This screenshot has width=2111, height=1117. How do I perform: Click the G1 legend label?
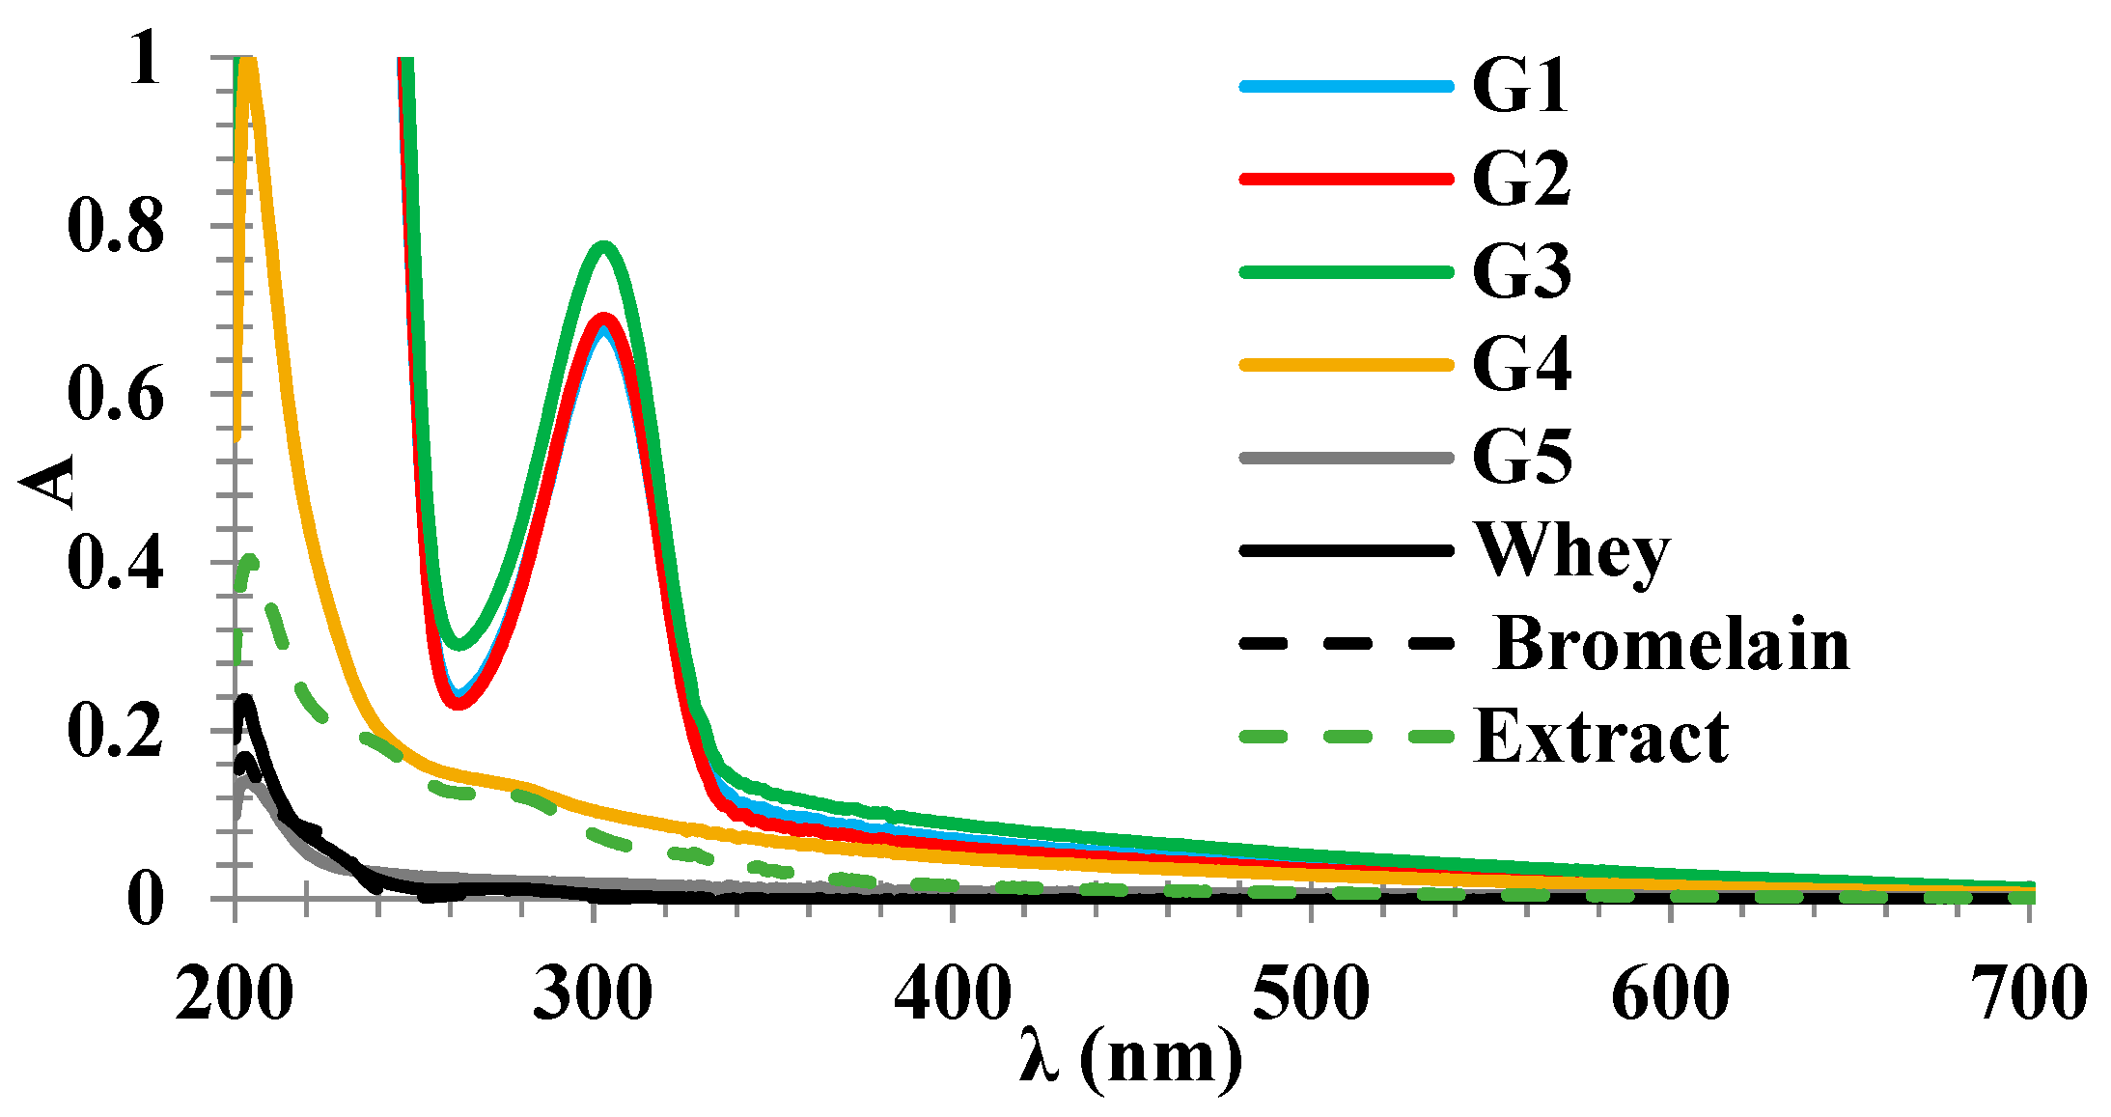point(1519,86)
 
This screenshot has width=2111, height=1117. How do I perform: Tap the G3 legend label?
point(1521,271)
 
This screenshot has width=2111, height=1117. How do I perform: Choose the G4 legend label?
point(1521,364)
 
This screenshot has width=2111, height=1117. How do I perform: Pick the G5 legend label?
point(1521,457)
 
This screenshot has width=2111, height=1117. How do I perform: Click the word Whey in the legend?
point(1572,552)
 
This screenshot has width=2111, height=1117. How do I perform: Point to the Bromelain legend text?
point(1671,644)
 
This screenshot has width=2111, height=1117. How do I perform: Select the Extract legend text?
point(1601,737)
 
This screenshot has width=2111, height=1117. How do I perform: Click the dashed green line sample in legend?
point(1347,737)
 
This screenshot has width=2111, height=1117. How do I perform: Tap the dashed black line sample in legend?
point(1347,644)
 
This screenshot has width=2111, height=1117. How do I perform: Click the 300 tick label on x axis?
point(593,993)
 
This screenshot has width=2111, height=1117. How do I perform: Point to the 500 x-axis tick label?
point(1311,993)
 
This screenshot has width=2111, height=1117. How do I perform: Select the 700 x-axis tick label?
point(2029,993)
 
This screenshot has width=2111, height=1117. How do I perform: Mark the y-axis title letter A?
point(48,480)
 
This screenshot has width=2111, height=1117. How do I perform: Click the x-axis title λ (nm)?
point(1130,1059)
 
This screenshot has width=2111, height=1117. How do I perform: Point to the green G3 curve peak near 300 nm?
point(604,246)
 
